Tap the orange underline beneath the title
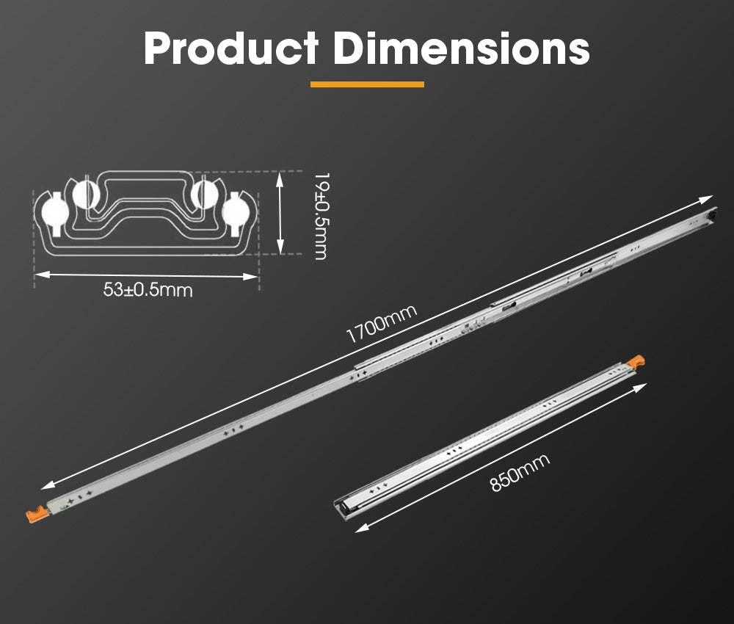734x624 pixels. tap(367, 84)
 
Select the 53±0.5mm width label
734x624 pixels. tap(148, 290)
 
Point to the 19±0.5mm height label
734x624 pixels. tap(320, 215)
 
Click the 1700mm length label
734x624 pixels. tap(381, 324)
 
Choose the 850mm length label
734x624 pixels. tap(520, 474)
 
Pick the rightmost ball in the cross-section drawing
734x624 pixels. tap(236, 211)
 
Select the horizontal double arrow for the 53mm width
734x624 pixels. tap(147, 275)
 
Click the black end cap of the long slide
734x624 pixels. tap(709, 218)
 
